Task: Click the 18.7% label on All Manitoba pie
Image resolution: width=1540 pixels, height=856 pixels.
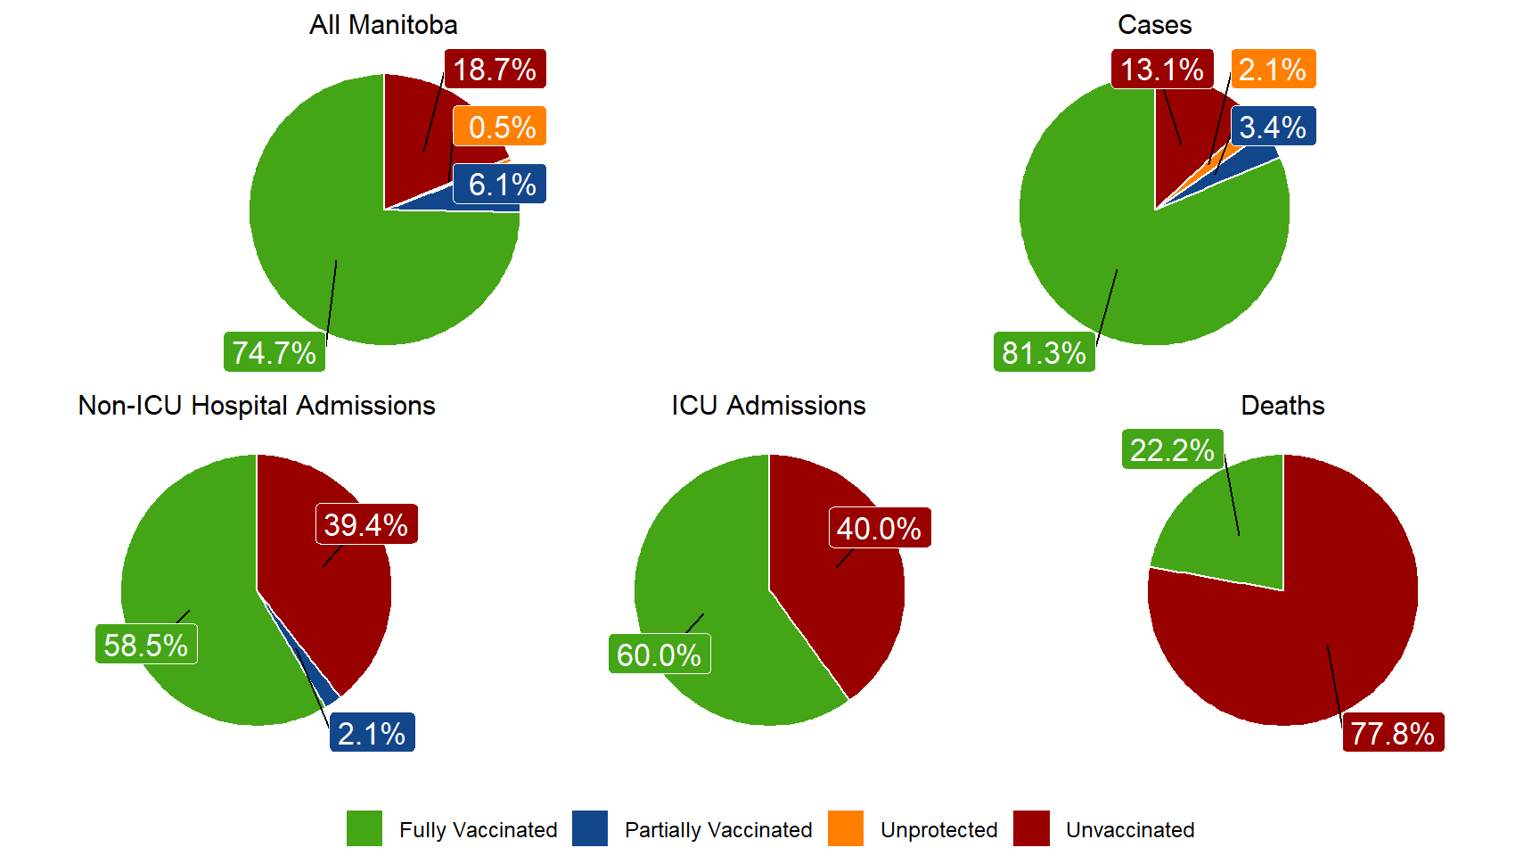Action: pyautogui.click(x=495, y=70)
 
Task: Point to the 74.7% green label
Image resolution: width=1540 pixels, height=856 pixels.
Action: pyautogui.click(x=274, y=353)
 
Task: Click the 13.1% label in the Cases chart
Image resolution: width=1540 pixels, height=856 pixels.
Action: pyautogui.click(x=1161, y=70)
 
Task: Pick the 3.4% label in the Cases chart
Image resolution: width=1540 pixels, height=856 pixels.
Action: pyautogui.click(x=1273, y=128)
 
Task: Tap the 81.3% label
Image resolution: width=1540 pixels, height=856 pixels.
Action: pyautogui.click(x=1044, y=353)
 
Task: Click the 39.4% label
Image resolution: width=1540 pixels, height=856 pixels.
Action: pyautogui.click(x=366, y=525)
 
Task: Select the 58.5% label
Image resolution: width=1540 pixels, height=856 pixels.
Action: pyautogui.click(x=146, y=645)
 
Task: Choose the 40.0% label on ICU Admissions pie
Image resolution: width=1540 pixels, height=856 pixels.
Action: pyautogui.click(x=880, y=529)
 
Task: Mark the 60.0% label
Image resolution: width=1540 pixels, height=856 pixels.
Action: pyautogui.click(x=659, y=655)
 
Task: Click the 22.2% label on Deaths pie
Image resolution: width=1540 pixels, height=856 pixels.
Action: pyautogui.click(x=1172, y=450)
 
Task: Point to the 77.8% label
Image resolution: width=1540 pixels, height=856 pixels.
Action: pyautogui.click(x=1393, y=734)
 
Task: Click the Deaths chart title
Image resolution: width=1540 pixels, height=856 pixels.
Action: pyautogui.click(x=1282, y=406)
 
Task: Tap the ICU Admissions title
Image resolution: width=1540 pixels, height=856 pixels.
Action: pyautogui.click(x=768, y=406)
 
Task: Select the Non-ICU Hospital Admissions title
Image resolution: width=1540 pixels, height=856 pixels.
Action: pyautogui.click(x=257, y=406)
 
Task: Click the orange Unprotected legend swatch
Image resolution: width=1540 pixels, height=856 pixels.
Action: pyautogui.click(x=846, y=828)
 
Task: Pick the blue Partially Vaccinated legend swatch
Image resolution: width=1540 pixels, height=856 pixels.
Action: pyautogui.click(x=590, y=828)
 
